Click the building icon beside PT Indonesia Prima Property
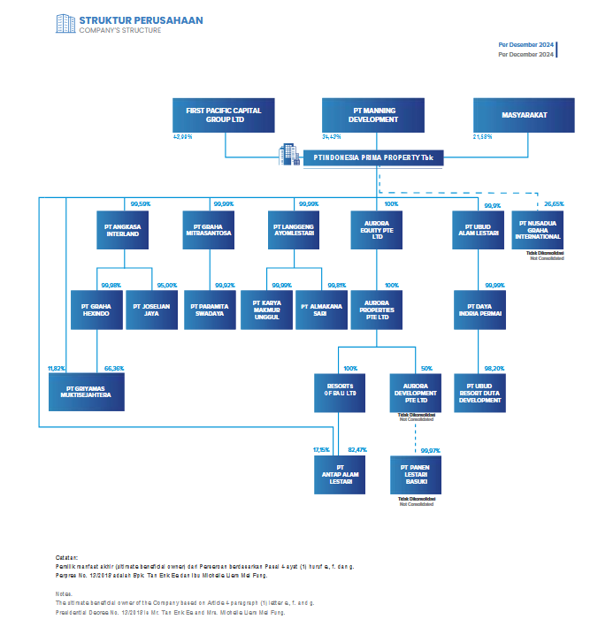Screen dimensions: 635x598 click(289, 155)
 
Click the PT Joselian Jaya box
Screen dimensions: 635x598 click(151, 310)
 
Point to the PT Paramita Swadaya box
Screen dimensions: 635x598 click(210, 310)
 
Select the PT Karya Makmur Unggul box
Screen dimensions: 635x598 click(266, 310)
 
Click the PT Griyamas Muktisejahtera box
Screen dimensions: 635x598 click(87, 393)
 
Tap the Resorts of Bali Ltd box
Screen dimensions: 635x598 click(340, 393)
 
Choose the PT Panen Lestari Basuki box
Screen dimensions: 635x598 click(416, 475)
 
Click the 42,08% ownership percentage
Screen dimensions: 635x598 click(183, 137)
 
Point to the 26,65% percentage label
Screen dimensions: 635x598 click(553, 204)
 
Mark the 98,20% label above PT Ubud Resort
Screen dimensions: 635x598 click(493, 368)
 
